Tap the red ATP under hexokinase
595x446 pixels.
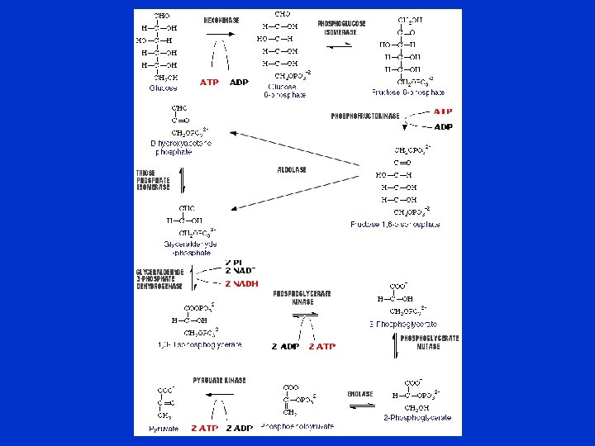pos(210,82)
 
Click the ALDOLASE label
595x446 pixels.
pos(292,169)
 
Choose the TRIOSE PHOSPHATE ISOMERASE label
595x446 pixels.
pos(154,180)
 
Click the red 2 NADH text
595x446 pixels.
pos(242,283)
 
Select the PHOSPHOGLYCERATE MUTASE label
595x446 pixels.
pos(430,342)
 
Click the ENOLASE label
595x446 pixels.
pos(360,394)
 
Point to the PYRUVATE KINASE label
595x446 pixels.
pos(219,380)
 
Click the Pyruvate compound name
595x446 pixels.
pos(164,429)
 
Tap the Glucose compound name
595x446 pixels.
pos(163,88)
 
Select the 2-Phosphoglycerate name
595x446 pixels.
pos(417,418)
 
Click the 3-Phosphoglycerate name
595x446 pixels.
pos(403,325)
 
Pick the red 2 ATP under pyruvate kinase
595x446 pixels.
pos(204,429)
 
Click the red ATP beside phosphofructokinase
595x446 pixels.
pos(443,112)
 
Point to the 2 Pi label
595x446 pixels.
pos(235,262)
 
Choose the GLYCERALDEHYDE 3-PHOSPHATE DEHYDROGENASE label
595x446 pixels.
pos(159,279)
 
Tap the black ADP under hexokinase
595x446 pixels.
pos(238,82)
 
